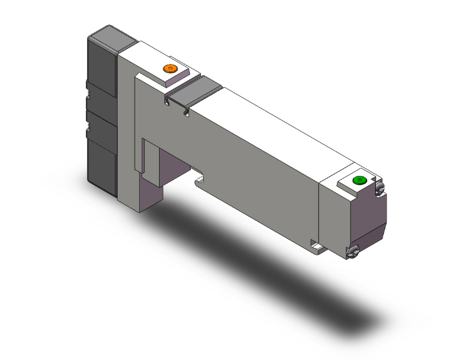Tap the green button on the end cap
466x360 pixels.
[x=360, y=181]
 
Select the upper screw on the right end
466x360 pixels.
[x=380, y=188]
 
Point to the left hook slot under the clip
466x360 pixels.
[x=167, y=100]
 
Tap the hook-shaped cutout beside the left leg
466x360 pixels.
[x=200, y=180]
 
